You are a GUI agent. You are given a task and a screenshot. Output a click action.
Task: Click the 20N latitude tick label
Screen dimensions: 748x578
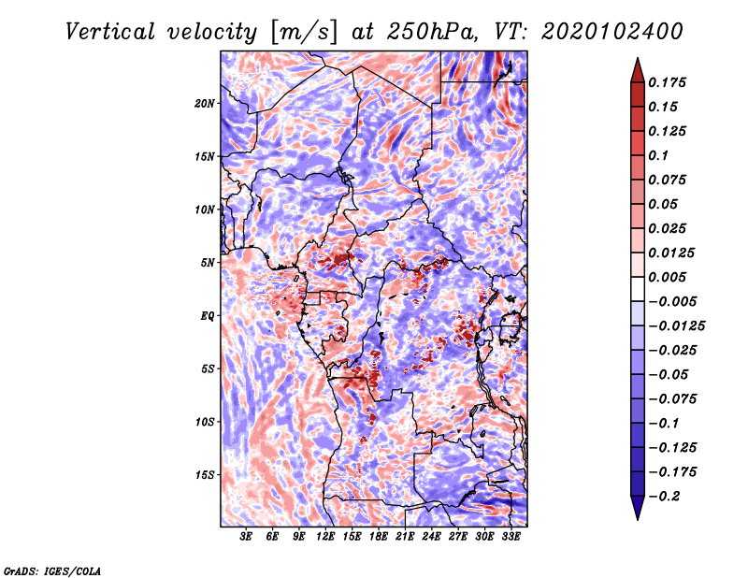pos(205,104)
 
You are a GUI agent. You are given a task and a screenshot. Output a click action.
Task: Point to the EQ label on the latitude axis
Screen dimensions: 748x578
pos(207,316)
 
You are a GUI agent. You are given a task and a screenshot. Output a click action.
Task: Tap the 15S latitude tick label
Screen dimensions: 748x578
pos(205,475)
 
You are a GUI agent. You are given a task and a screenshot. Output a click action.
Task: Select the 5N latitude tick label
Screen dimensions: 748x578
pos(208,263)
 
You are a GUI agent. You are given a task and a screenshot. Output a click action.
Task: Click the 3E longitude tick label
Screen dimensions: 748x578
pos(246,537)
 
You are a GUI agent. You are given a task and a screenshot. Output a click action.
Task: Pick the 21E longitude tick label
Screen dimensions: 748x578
pos(405,537)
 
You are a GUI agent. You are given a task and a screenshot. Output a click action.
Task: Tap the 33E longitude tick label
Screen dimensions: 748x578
pos(511,537)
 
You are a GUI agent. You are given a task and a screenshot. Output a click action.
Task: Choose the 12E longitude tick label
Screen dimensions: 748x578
pos(324,537)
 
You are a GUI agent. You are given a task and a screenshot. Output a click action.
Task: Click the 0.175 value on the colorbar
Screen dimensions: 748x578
pos(667,82)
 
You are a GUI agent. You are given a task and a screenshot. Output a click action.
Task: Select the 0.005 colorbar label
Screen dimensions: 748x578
pos(667,277)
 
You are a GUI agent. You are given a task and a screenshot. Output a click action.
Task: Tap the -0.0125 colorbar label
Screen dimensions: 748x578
pos(676,326)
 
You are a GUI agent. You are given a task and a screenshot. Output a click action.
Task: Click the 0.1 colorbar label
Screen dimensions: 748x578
pos(658,155)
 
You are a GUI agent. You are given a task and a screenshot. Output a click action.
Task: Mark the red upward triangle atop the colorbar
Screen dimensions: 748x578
pos(638,70)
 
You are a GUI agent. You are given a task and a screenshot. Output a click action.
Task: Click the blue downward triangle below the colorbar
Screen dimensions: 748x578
pos(638,508)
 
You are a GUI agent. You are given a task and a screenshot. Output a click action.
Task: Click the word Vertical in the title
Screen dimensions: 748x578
pos(110,32)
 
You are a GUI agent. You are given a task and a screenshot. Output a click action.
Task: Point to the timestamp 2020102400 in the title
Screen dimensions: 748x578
pos(612,32)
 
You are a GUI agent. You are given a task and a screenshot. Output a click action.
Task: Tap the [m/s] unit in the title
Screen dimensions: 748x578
pos(304,33)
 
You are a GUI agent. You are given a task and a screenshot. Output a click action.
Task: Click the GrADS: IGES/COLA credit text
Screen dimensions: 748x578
pos(52,571)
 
